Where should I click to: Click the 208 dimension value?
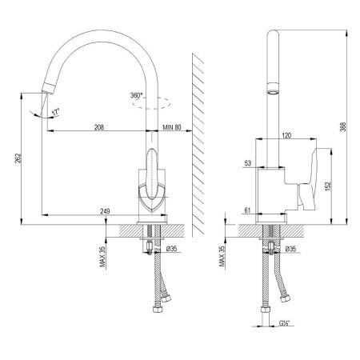click(99, 127)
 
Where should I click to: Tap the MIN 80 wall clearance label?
click(172, 127)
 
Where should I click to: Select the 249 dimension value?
click(105, 211)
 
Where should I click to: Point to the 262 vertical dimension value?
click(18, 159)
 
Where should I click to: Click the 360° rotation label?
click(137, 95)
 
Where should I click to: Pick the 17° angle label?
click(56, 112)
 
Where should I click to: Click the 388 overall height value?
click(343, 127)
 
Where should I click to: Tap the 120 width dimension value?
click(286, 135)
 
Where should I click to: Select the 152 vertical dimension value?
click(328, 186)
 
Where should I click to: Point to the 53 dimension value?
click(248, 163)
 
